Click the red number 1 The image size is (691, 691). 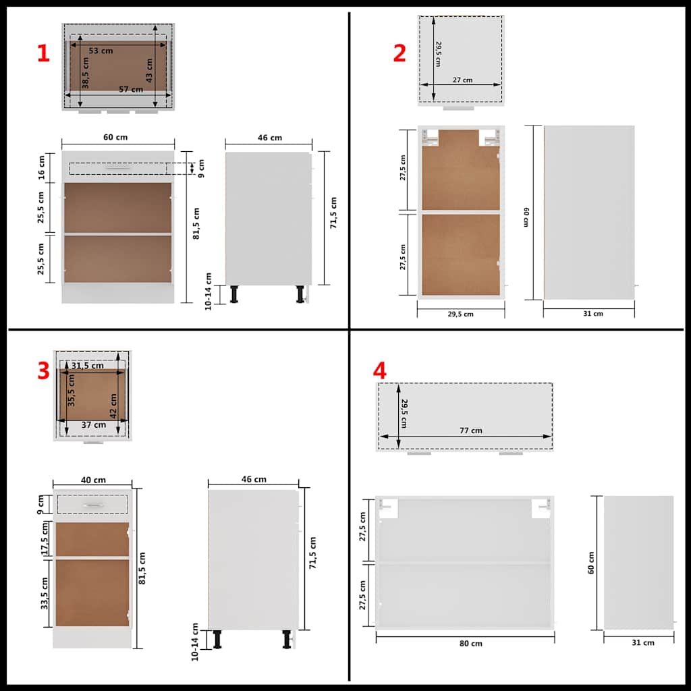tap(43, 53)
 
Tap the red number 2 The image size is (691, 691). tap(399, 53)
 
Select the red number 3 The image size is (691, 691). tap(43, 370)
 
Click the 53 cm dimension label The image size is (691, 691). tap(101, 51)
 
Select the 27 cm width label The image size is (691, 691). tap(462, 80)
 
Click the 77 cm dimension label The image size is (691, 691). tap(471, 431)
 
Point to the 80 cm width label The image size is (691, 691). tap(471, 643)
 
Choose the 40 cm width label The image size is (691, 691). tap(93, 480)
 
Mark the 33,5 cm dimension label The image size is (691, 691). tap(45, 593)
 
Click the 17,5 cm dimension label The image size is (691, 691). tap(45, 538)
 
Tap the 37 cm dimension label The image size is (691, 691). tap(94, 424)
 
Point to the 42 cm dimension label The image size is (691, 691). tap(113, 405)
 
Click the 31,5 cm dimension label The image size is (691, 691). tap(88, 366)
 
